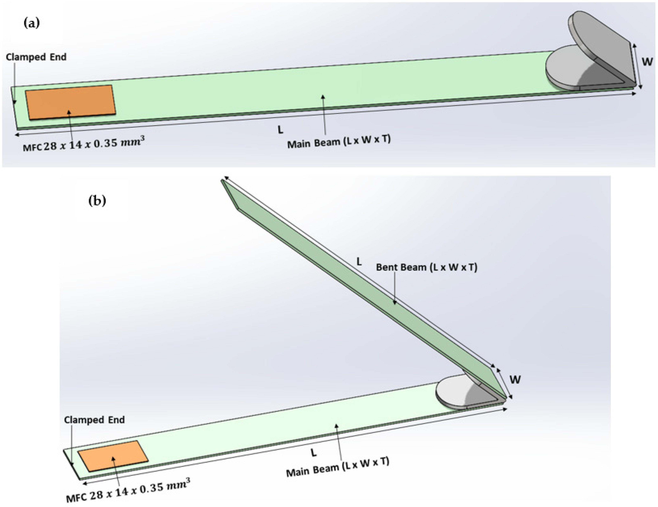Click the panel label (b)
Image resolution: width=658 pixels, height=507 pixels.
pyautogui.click(x=97, y=201)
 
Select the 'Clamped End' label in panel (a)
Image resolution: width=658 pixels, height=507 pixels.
pyautogui.click(x=36, y=57)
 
